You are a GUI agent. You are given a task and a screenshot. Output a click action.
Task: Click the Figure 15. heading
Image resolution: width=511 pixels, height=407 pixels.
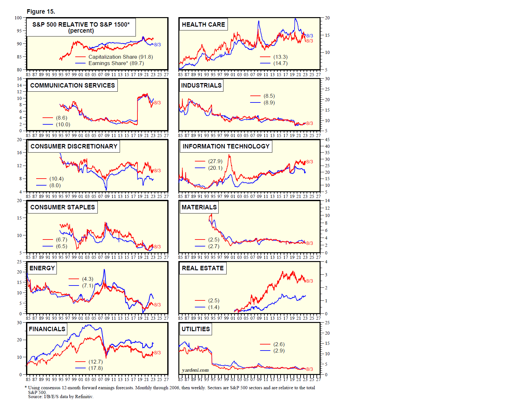pyautogui.click(x=41, y=11)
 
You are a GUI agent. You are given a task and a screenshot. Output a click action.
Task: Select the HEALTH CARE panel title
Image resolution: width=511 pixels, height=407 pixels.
pyautogui.click(x=203, y=24)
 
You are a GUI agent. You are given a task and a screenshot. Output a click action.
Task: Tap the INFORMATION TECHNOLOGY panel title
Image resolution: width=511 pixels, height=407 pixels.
pyautogui.click(x=226, y=146)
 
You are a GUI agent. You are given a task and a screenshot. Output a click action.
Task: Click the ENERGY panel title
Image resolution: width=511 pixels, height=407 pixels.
pyautogui.click(x=42, y=268)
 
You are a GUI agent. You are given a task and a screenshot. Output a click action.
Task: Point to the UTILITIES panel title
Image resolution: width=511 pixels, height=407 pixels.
pyautogui.click(x=196, y=329)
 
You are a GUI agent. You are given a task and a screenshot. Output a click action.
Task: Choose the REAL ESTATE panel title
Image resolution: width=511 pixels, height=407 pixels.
pyautogui.click(x=202, y=268)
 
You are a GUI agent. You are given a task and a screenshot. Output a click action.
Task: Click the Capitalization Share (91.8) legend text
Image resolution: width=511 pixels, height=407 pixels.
pyautogui.click(x=121, y=57)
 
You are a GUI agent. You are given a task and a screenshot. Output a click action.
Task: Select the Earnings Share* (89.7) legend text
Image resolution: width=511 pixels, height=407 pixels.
pyautogui.click(x=116, y=63)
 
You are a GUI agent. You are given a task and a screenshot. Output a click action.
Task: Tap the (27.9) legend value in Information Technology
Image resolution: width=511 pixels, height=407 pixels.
pyautogui.click(x=215, y=161)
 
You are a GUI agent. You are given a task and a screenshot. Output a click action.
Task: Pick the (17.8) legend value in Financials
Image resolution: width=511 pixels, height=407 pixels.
pyautogui.click(x=96, y=368)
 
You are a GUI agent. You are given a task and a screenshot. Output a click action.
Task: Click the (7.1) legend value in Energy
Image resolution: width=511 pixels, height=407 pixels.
pyautogui.click(x=88, y=286)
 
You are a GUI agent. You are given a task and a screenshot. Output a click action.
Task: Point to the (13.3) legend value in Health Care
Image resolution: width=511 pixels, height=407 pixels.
pyautogui.click(x=280, y=57)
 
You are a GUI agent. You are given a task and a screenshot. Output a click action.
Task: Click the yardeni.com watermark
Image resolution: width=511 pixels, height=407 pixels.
pyautogui.click(x=195, y=370)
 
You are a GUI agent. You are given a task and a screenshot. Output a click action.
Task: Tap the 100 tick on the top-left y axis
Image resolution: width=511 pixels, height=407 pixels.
pyautogui.click(x=18, y=18)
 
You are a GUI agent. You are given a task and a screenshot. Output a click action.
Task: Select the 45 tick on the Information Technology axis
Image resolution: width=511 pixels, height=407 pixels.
pyautogui.click(x=327, y=140)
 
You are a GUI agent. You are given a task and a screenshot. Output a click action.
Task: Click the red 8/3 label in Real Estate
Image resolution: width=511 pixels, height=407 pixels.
pyautogui.click(x=309, y=281)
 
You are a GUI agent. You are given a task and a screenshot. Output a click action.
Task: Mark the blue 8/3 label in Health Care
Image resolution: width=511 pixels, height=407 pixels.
pyautogui.click(x=309, y=36)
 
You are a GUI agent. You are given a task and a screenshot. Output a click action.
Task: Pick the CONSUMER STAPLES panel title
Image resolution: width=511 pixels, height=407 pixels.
pyautogui.click(x=63, y=207)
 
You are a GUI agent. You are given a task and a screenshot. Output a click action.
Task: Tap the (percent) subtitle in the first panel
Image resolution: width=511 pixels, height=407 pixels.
pyautogui.click(x=81, y=31)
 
